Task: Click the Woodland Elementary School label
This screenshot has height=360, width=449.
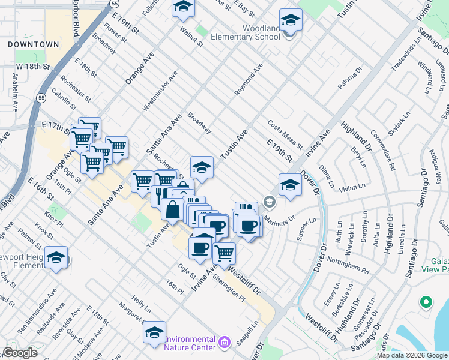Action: click(261, 32)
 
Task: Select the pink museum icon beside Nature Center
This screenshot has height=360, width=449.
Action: click(224, 343)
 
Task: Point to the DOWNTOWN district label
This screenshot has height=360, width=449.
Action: click(34, 44)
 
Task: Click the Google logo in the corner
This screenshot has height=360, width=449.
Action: click(20, 353)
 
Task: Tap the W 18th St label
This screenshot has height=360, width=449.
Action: click(32, 66)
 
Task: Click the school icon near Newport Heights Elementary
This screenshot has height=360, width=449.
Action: click(56, 258)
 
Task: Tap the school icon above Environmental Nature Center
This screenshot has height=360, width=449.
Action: click(154, 332)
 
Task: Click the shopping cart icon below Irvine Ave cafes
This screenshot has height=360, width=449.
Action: click(224, 253)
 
